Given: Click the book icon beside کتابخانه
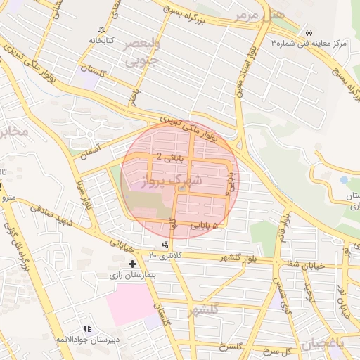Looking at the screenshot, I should point(103,30).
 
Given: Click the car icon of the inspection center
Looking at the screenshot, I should point(309,32).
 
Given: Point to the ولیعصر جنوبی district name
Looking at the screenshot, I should point(141,53).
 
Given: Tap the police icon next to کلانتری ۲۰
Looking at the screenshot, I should point(165,245).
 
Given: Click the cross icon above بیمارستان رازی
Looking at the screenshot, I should point(132,264).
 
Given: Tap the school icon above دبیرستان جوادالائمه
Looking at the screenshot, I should point(87,328).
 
